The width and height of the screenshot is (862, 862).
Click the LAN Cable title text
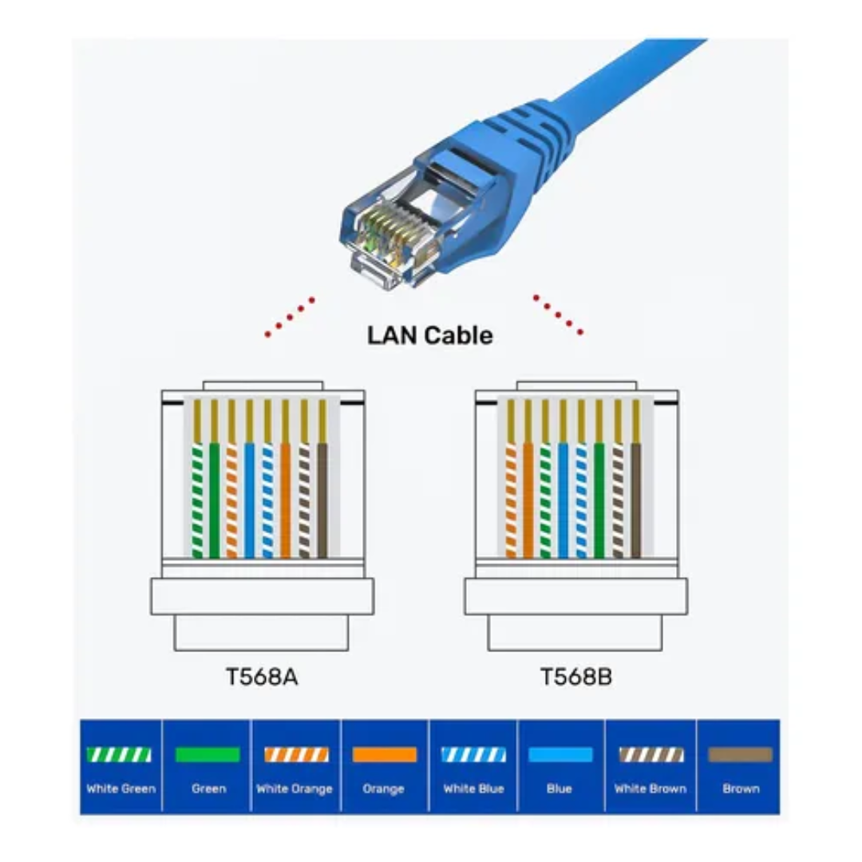click(429, 335)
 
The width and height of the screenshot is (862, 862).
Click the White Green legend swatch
click(119, 754)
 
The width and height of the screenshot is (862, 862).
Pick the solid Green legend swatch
click(208, 754)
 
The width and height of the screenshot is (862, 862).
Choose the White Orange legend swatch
click(296, 754)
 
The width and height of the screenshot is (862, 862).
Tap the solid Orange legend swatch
click(385, 754)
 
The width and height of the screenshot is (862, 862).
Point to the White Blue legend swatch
click(473, 754)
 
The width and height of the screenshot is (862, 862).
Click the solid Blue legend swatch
click(560, 754)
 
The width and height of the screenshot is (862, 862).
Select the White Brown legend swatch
click(651, 754)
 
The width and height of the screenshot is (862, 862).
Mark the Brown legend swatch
click(740, 754)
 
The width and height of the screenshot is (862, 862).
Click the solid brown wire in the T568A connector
click(322, 499)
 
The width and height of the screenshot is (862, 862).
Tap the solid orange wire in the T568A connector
click(286, 499)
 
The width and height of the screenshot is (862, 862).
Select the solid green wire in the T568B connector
click(599, 499)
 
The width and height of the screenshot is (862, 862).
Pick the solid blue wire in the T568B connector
click(563, 499)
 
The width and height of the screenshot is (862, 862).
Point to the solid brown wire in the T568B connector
click(636, 499)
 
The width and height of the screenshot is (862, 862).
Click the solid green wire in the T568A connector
click(214, 499)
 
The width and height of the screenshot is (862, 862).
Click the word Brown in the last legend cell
click(740, 789)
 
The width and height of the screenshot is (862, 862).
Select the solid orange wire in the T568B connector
click(528, 499)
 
